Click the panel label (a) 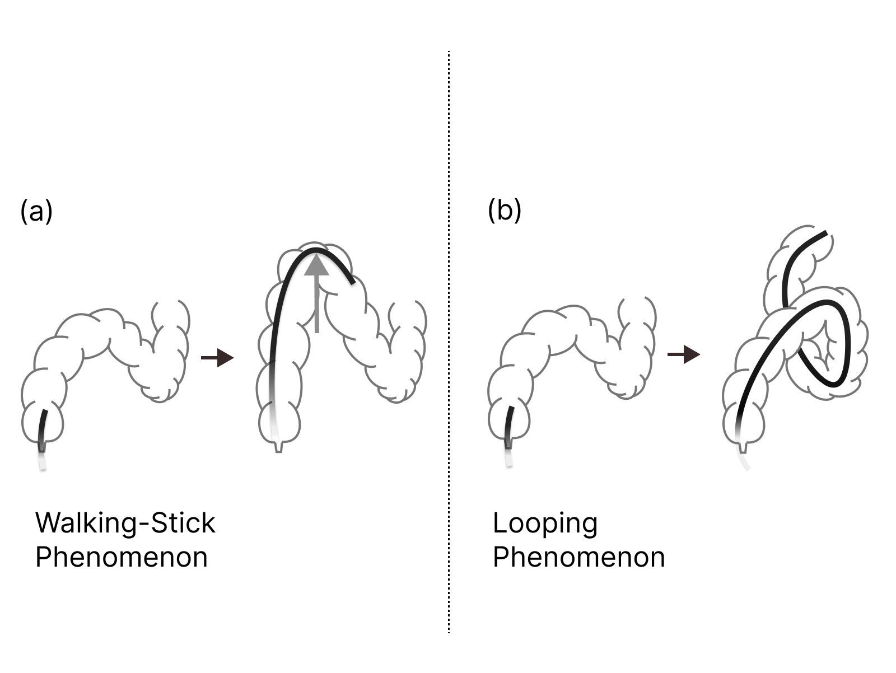point(36,212)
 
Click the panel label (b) point(504,211)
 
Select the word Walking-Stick point(125,523)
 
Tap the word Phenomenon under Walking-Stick point(122,558)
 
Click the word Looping point(545,524)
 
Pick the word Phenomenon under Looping point(578,558)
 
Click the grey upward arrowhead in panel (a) point(317,264)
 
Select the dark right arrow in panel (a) point(217,357)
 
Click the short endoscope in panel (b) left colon point(510,428)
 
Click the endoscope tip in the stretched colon point(351,282)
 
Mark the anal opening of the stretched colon point(279,447)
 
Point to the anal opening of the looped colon point(743,448)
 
